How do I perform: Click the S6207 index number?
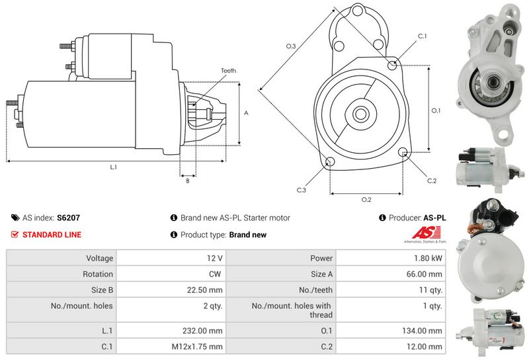68,217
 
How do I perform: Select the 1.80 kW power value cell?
428,258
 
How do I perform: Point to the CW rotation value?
216,274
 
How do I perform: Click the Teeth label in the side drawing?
228,71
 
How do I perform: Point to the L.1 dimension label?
113,167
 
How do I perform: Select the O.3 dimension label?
290,46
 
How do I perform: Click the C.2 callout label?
431,181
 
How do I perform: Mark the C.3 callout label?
301,190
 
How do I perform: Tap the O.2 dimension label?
366,200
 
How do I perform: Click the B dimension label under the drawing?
187,181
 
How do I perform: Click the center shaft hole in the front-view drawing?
360,113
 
